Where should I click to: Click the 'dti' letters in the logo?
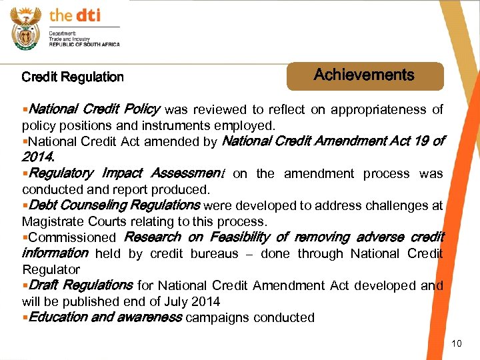(87, 15)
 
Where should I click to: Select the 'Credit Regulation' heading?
(73, 77)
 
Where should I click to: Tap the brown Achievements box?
(365, 76)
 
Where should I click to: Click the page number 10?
(457, 343)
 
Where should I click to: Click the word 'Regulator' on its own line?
(51, 269)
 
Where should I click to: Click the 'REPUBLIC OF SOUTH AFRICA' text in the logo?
(84, 44)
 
